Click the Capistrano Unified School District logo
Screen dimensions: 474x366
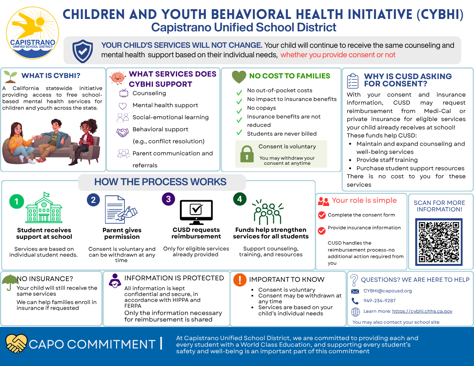click(x=32, y=33)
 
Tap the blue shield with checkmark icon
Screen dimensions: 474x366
click(x=83, y=51)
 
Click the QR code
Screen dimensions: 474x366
click(x=439, y=242)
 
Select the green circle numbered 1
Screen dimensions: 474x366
click(x=16, y=201)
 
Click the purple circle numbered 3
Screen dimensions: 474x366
click(x=168, y=199)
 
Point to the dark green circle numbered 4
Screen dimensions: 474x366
click(x=240, y=199)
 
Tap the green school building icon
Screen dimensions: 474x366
click(x=44, y=207)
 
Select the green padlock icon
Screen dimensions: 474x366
click(x=247, y=154)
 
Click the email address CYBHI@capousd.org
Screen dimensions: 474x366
click(x=388, y=291)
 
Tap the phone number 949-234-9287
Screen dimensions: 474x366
click(x=379, y=301)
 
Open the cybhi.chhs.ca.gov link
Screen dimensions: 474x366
click(x=422, y=311)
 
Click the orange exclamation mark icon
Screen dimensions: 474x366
click(x=240, y=280)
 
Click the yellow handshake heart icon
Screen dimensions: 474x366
click(x=16, y=343)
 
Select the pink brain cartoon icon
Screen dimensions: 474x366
click(x=118, y=78)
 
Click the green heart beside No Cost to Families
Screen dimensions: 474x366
click(x=239, y=77)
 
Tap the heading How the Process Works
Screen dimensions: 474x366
click(x=160, y=182)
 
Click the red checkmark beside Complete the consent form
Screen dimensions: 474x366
click(x=322, y=215)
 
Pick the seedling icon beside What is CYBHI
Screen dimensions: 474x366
click(x=10, y=77)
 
